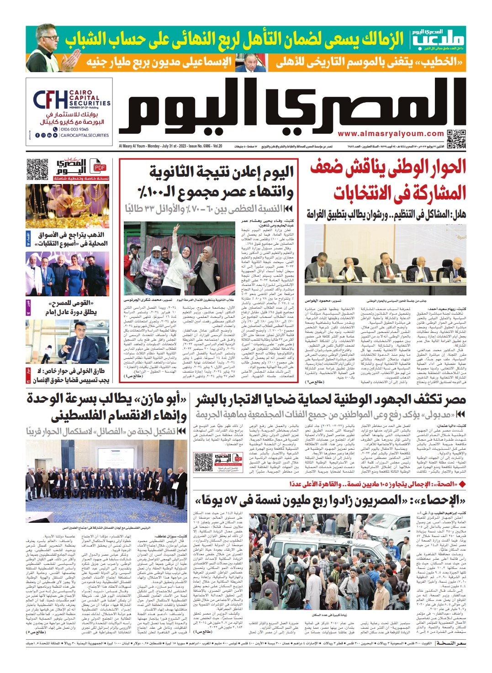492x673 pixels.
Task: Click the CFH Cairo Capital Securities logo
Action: point(71,100)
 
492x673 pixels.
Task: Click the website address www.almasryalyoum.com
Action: point(391,134)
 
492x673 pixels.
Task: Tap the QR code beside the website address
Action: point(456,139)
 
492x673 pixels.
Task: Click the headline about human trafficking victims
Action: point(331,400)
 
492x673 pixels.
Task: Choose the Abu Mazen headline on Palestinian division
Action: point(107,407)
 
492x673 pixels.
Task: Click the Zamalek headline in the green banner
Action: point(234,40)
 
